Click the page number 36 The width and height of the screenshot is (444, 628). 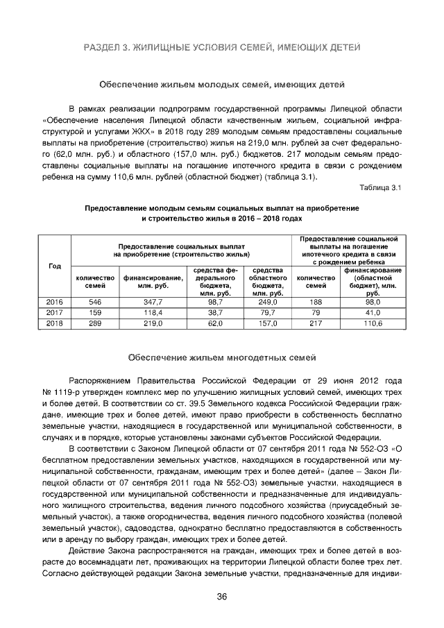(x=222, y=598)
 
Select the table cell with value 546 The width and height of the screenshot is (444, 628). (x=95, y=303)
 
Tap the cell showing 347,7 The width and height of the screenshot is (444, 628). (x=153, y=303)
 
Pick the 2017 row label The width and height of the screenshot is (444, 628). (x=54, y=313)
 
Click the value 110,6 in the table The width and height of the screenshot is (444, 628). (x=373, y=323)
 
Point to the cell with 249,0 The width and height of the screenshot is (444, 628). (x=267, y=303)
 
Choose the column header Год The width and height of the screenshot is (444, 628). (x=54, y=267)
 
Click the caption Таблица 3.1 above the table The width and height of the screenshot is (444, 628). (x=380, y=187)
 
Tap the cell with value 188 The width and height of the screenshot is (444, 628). (x=316, y=303)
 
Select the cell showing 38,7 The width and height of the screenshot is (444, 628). (x=215, y=313)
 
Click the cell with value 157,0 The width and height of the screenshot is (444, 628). (x=267, y=323)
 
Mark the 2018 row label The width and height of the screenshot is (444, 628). (x=54, y=323)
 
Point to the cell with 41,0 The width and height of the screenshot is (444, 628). (x=373, y=313)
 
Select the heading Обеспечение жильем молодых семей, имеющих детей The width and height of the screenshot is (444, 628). (x=222, y=85)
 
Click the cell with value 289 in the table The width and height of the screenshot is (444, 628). (x=95, y=323)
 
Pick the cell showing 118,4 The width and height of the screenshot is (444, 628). (x=153, y=313)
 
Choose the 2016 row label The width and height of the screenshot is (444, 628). (x=54, y=303)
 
